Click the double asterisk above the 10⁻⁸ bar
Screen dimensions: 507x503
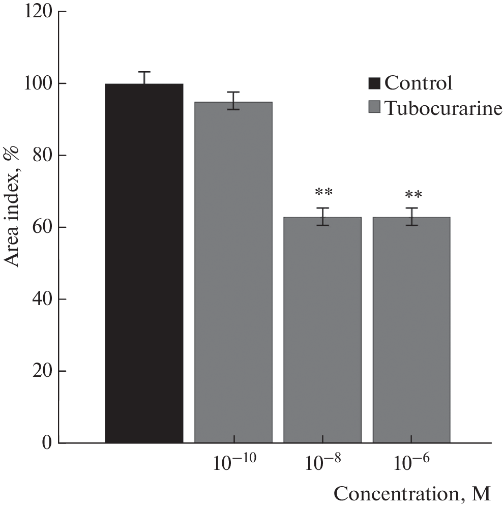tap(323, 193)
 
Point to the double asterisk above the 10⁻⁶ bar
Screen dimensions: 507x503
tap(413, 195)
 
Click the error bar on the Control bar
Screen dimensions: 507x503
tap(144, 78)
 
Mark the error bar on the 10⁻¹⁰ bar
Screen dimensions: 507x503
tap(233, 100)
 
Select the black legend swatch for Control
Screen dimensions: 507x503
tap(375, 82)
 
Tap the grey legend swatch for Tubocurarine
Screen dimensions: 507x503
tap(375, 108)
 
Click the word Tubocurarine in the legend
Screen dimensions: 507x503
tap(443, 108)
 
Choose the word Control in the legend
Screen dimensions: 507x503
tap(418, 82)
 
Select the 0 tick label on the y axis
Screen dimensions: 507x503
tap(47, 443)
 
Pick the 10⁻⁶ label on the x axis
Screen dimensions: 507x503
tap(411, 463)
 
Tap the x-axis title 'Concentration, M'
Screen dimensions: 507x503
tap(412, 494)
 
